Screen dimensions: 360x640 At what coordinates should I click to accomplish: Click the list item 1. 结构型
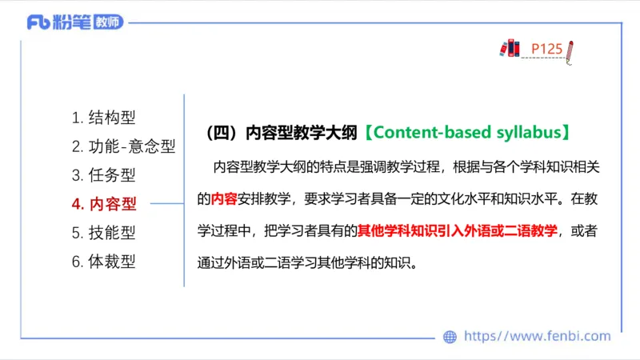(104, 118)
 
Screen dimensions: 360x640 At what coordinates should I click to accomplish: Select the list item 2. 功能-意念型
(123, 146)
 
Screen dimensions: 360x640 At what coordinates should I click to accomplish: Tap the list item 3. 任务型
(104, 175)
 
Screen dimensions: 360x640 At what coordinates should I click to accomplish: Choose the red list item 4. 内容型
(104, 204)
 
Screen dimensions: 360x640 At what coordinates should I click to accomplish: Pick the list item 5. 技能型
(104, 233)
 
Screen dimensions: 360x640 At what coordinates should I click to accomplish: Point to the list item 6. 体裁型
(104, 262)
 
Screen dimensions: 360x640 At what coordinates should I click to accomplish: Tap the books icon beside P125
(510, 48)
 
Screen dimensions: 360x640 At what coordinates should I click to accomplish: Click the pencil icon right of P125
(570, 50)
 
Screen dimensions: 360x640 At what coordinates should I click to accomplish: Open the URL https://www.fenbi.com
(537, 337)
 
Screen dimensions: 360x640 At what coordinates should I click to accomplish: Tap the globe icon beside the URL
(450, 337)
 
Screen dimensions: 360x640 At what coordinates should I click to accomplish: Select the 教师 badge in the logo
(109, 22)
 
